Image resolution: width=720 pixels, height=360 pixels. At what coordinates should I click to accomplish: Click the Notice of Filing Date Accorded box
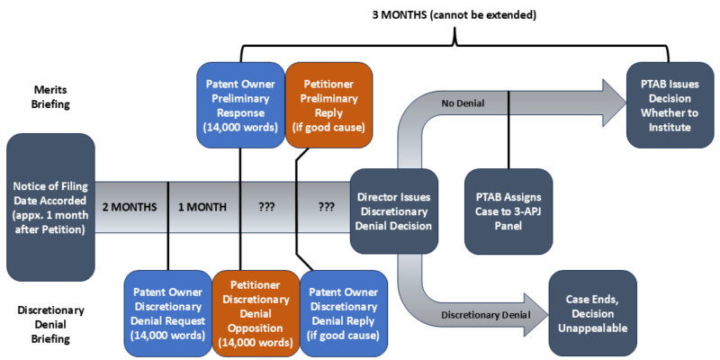pyautogui.click(x=50, y=206)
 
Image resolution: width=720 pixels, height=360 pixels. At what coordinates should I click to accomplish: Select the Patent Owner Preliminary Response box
pyautogui.click(x=238, y=100)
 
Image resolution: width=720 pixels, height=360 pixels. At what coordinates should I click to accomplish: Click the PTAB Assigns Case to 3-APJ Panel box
pyautogui.click(x=508, y=211)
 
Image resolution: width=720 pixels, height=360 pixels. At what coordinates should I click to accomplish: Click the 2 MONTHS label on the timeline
pyautogui.click(x=130, y=207)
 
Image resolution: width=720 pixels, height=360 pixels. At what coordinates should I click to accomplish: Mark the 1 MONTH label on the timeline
pyautogui.click(x=203, y=207)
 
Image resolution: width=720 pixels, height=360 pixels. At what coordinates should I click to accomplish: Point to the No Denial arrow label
pyautogui.click(x=464, y=103)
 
